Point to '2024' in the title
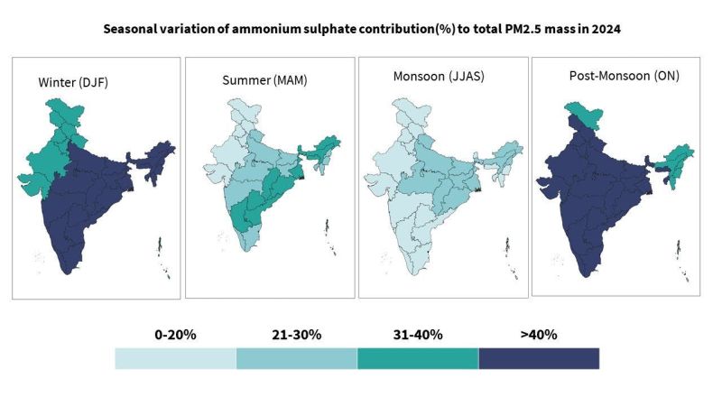point(603,28)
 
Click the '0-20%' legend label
point(175,335)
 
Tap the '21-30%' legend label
point(296,335)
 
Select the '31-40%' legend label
point(417,335)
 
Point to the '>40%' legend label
point(538,335)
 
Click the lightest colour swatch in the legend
point(175,358)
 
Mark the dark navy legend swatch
point(539,358)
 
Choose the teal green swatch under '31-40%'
point(417,358)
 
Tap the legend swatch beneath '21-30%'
point(296,358)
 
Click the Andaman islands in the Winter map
point(160,245)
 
